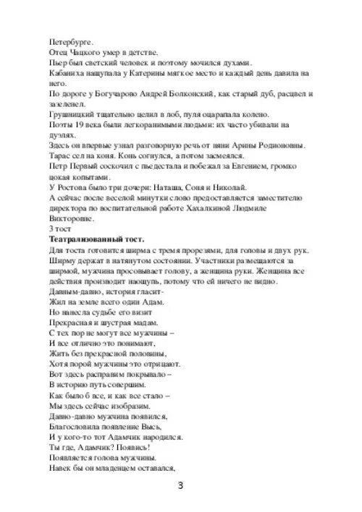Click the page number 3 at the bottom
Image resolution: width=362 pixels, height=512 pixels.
[181, 485]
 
